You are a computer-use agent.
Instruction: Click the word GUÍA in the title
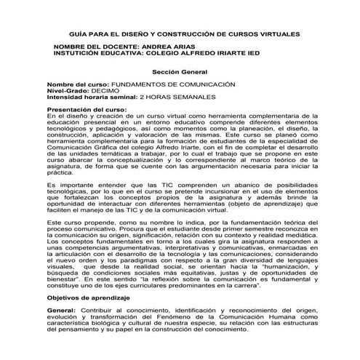pos(78,34)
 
